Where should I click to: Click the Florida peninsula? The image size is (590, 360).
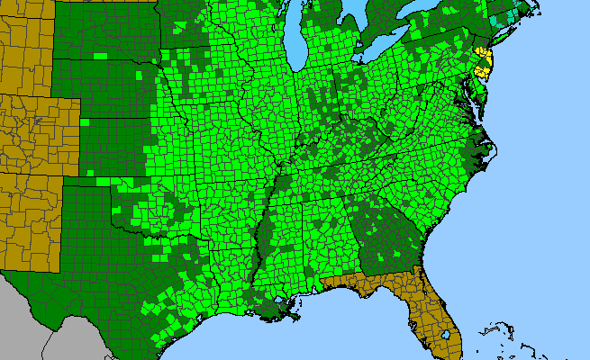(x=432, y=310)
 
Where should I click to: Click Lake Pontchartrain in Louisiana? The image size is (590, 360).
(x=280, y=298)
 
